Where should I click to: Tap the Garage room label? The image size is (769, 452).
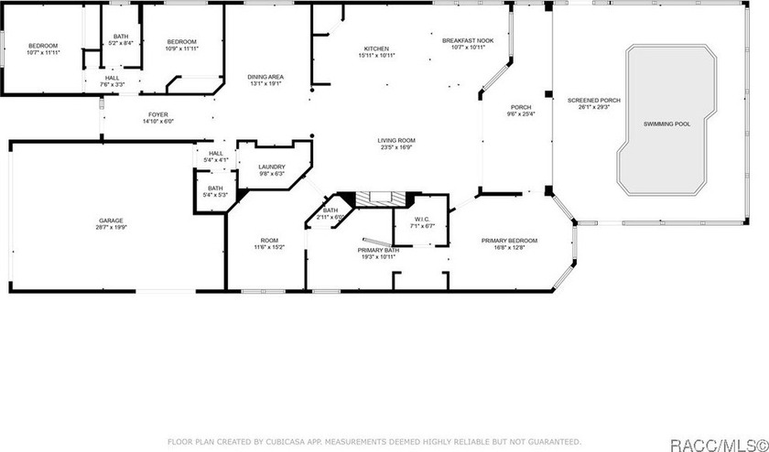[111, 221]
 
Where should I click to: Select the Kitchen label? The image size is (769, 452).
[376, 48]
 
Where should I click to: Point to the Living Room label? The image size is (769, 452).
[396, 140]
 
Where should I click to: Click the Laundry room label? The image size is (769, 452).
[272, 167]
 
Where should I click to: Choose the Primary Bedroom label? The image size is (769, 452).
[509, 241]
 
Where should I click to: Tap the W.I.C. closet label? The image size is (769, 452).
[422, 219]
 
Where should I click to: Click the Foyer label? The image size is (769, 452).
[157, 114]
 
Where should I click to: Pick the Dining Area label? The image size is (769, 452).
[265, 77]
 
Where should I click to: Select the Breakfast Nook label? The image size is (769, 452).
[468, 40]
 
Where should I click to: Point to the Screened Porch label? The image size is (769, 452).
[594, 100]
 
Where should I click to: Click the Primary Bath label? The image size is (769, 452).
[378, 250]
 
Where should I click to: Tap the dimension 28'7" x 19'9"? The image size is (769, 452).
[111, 227]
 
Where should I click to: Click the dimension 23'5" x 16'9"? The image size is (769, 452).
[396, 146]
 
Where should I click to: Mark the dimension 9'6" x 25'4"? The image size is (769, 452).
[521, 113]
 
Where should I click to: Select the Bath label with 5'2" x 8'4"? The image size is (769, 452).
[121, 37]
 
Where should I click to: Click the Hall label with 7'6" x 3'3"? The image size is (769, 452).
[112, 78]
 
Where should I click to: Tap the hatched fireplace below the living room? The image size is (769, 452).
[381, 199]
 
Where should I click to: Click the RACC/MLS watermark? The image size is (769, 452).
[719, 445]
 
